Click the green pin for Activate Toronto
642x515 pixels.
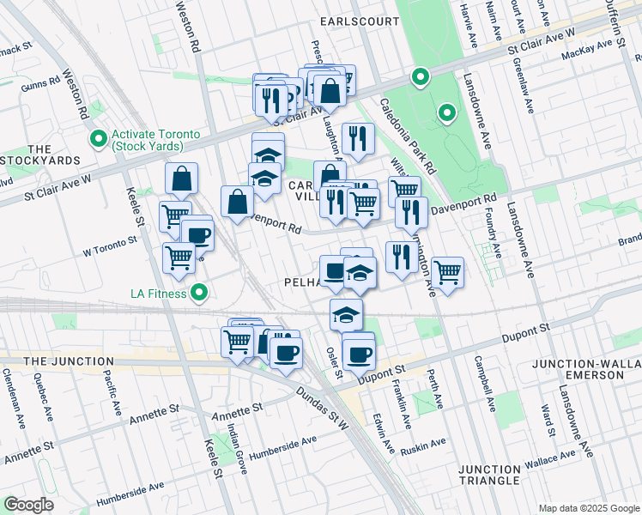click(x=99, y=137)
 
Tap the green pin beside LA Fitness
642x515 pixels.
click(x=200, y=294)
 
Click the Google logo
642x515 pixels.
click(x=29, y=505)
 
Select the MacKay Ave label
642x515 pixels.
click(x=583, y=54)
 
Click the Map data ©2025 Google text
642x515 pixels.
click(x=589, y=508)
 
